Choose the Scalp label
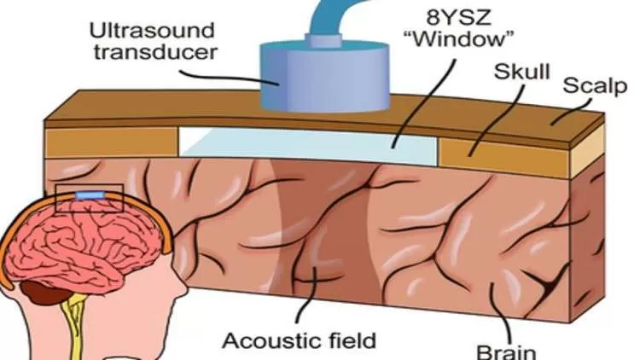point(595,86)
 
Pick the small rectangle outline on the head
point(90,198)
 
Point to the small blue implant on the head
point(90,195)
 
